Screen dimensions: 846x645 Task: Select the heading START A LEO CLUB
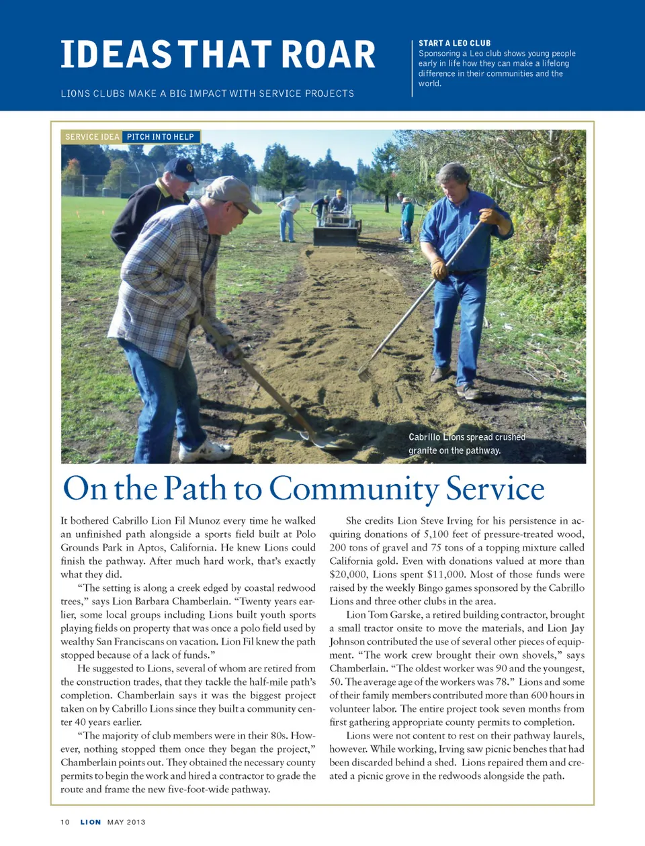454,43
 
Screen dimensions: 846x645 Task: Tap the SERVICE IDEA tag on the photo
92,137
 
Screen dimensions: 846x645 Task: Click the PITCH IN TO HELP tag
161,137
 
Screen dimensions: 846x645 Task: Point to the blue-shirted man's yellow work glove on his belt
439,269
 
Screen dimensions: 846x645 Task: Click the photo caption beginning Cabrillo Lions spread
466,444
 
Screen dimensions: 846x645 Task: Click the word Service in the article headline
495,489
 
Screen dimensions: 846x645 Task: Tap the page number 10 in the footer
65,822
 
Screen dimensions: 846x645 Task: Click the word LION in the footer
91,822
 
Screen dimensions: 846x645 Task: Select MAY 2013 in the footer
126,822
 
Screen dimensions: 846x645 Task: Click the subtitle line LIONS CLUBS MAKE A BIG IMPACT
207,94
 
